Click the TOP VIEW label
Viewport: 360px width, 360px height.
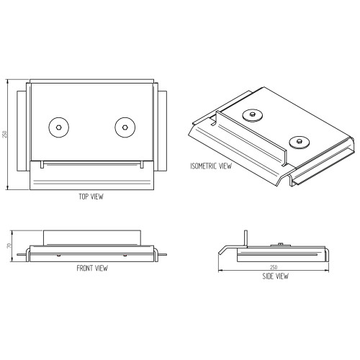click(x=91, y=197)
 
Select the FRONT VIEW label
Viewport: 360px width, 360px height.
click(x=92, y=268)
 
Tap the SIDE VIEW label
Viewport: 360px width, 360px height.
click(x=275, y=276)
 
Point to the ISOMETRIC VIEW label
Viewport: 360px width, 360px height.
click(x=211, y=166)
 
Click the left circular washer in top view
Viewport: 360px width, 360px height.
click(x=59, y=127)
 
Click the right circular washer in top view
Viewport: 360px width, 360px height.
click(x=125, y=127)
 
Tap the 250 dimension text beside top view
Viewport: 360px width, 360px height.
click(x=4, y=134)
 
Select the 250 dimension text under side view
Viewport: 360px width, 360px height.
click(x=274, y=267)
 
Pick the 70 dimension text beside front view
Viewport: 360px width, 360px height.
click(x=9, y=246)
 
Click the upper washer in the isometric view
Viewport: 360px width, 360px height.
click(x=252, y=115)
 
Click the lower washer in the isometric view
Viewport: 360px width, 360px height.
click(x=299, y=142)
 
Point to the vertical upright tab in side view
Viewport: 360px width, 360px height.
click(x=246, y=238)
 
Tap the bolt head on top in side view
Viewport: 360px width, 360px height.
click(x=280, y=244)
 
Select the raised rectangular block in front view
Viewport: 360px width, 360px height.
click(x=92, y=238)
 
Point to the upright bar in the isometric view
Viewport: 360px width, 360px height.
click(x=251, y=138)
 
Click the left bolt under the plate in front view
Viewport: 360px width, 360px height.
click(x=58, y=256)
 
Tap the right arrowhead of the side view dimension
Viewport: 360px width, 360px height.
click(x=327, y=271)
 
